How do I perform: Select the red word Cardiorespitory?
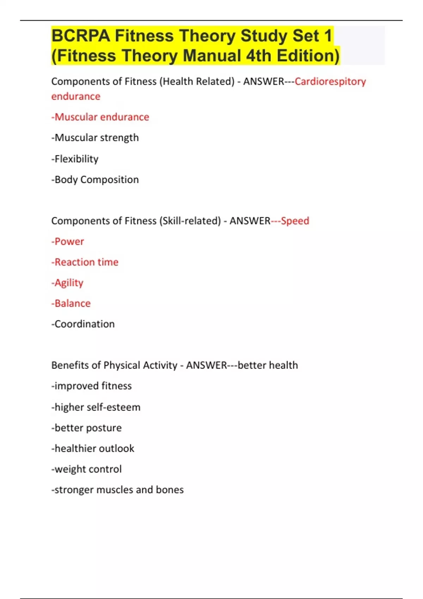(x=330, y=81)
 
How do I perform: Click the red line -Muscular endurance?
(x=100, y=117)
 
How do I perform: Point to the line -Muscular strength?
(x=95, y=138)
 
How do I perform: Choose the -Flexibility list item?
(x=75, y=159)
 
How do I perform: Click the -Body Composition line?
(x=95, y=180)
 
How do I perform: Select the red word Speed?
(x=295, y=221)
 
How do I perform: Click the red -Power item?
(x=68, y=242)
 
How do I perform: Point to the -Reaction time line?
(x=85, y=262)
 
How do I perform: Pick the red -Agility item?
(x=67, y=283)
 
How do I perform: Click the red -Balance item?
(x=71, y=303)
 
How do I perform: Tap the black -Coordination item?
(x=83, y=324)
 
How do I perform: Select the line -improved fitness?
(x=91, y=386)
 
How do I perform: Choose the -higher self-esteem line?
(x=96, y=407)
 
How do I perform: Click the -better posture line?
(x=86, y=428)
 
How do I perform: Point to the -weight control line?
(x=86, y=469)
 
